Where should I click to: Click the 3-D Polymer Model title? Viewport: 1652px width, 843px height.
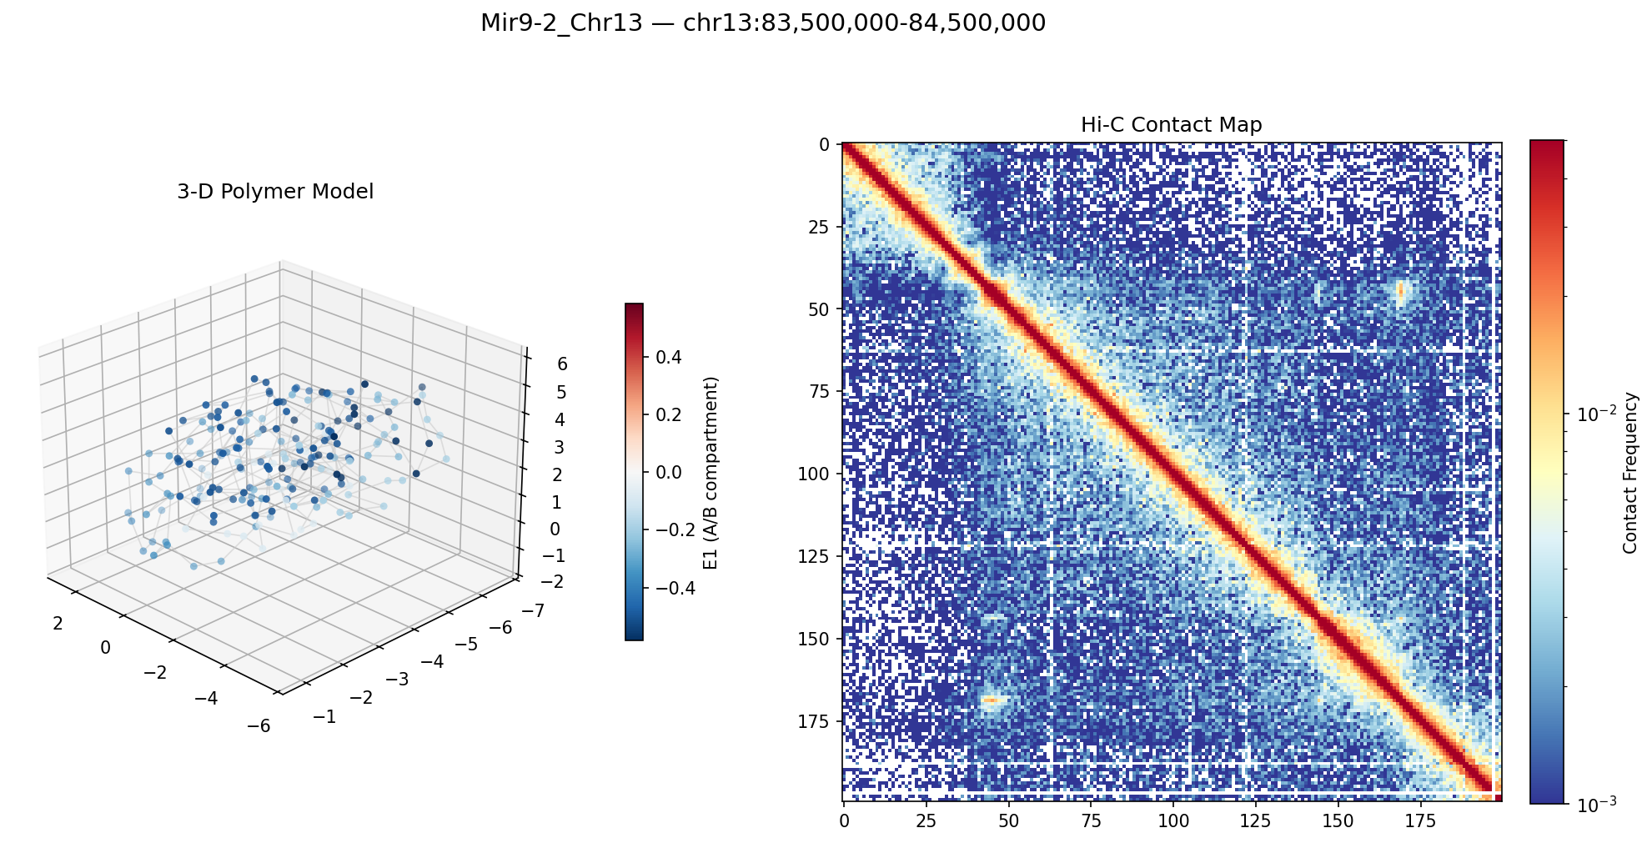(x=275, y=192)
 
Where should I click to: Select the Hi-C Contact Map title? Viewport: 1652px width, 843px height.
(x=1171, y=125)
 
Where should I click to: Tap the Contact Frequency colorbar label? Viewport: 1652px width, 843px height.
(x=1630, y=472)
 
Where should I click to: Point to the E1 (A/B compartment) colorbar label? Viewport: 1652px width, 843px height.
(x=711, y=472)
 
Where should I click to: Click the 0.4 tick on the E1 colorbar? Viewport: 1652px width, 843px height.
(x=670, y=358)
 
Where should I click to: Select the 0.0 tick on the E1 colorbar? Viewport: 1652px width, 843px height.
(x=670, y=473)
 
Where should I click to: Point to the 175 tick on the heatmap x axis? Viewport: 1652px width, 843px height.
(x=1421, y=821)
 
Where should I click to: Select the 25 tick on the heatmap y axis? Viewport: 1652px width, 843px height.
(x=821, y=227)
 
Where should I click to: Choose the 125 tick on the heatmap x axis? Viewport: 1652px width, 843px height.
(x=1256, y=821)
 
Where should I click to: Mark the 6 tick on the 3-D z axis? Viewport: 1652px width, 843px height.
(x=562, y=364)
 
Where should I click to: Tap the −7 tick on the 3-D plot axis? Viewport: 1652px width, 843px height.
(x=535, y=611)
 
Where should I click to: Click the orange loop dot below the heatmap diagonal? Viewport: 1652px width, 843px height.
(x=990, y=699)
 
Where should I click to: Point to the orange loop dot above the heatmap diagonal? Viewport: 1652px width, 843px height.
(x=1400, y=289)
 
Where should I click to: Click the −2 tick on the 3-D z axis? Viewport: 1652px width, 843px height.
(x=552, y=582)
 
